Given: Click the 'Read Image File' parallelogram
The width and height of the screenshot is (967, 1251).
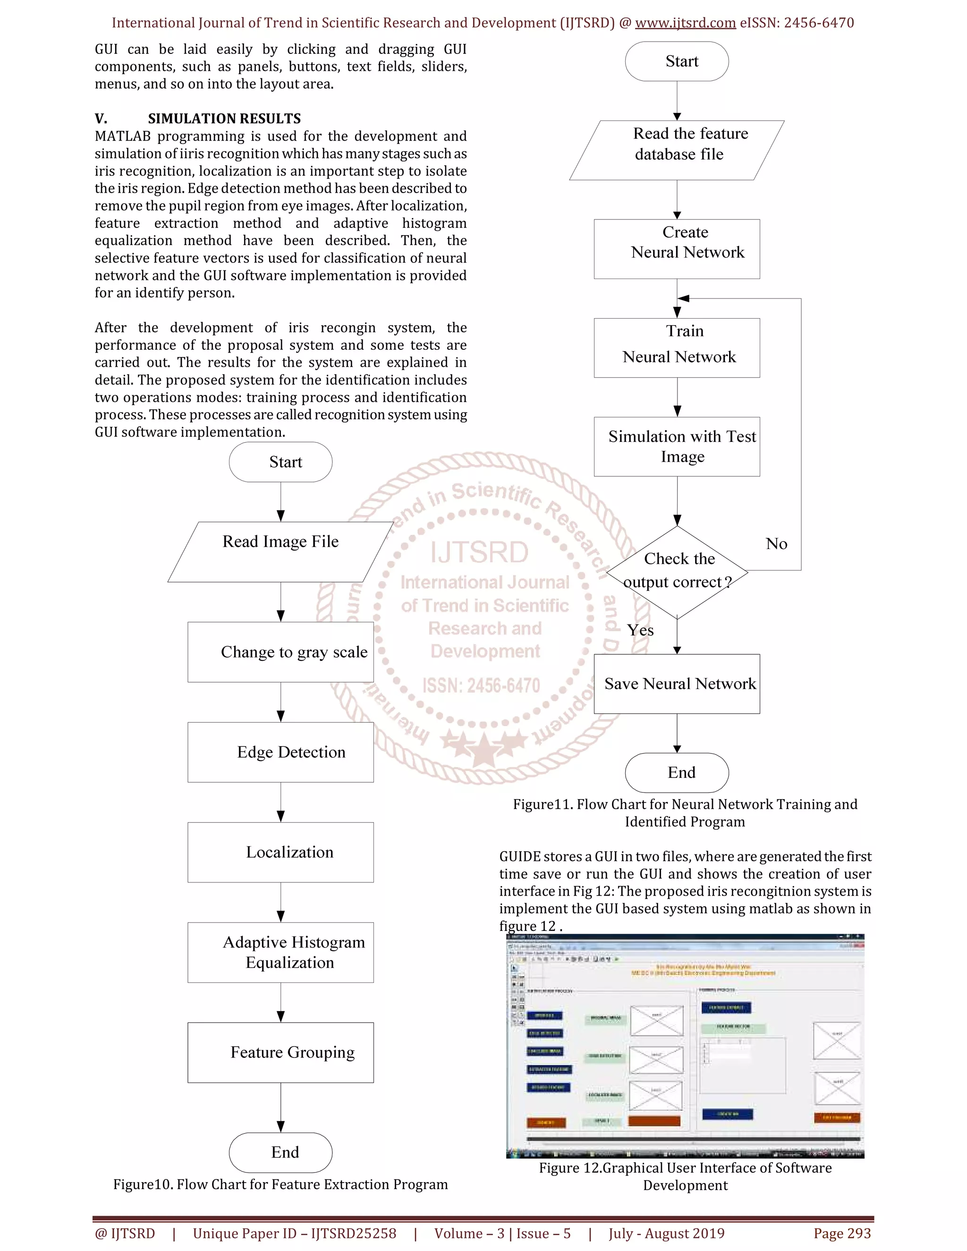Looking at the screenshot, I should [281, 551].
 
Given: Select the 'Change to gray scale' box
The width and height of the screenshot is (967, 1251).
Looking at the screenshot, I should [281, 652].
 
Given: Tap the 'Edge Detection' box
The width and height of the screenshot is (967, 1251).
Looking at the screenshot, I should [281, 752].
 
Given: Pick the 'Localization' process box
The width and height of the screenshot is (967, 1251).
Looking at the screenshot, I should [281, 852].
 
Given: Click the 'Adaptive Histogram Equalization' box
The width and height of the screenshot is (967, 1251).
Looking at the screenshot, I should [281, 953].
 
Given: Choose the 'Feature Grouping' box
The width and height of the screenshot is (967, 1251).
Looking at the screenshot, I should [281, 1053].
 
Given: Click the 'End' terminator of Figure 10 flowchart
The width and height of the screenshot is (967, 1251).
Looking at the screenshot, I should [281, 1152].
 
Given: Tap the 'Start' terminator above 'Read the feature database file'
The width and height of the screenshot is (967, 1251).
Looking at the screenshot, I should [677, 61].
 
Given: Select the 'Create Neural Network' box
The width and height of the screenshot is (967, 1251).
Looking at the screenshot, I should [677, 249].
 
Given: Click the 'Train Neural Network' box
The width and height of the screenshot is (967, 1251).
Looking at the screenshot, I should [677, 348].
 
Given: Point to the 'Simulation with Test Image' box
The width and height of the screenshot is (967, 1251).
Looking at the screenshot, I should [677, 446].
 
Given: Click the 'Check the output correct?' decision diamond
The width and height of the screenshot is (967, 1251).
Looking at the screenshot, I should [677, 572].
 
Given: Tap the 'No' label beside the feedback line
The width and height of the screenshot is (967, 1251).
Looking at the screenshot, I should [776, 543].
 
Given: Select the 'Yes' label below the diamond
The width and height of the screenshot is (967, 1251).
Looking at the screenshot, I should [640, 630].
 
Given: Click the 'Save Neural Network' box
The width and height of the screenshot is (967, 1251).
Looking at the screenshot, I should [677, 684].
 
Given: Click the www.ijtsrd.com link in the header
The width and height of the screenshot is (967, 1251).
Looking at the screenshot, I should [685, 23].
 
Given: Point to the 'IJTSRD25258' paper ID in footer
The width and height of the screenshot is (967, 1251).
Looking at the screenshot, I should [354, 1233].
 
